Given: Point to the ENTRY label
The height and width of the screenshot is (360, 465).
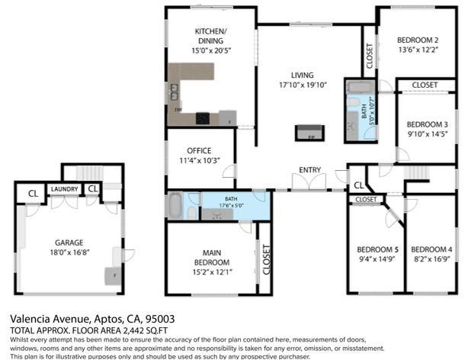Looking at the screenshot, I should coord(309,169).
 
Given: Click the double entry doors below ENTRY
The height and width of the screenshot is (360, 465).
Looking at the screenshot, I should coord(310,183).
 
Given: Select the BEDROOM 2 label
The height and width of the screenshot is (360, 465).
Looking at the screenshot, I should coord(418,40).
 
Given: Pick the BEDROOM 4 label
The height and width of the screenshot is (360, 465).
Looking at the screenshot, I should coord(431,249).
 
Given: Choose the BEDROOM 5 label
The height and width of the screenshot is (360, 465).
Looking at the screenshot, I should coord(378,249).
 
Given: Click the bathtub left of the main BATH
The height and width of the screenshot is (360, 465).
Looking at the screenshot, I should coord(174,206).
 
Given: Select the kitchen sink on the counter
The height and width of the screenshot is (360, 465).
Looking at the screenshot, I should coord(175,92).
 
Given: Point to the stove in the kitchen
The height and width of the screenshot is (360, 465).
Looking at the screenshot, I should coord(203,117).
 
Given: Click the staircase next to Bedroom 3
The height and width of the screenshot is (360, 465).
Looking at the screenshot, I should coord(418,172).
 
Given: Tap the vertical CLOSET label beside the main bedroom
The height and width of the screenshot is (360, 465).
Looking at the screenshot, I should coord(266,259).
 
